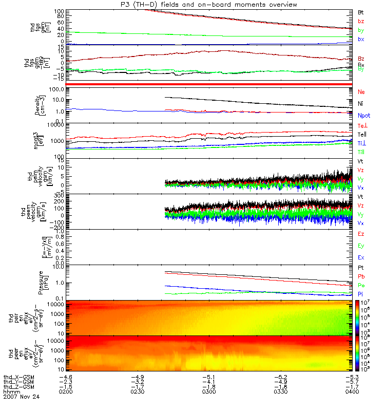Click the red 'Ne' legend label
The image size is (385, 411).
coord(361,91)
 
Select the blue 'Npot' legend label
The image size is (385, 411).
coord(363,117)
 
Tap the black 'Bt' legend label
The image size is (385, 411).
coord(361,11)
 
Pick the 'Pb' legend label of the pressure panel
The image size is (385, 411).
coord(361,276)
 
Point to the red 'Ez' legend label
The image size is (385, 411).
coord(361,234)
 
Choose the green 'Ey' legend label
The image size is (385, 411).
coord(361,246)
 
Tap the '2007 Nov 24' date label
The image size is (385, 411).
coord(21,397)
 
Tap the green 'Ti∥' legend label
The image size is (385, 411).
coord(361,152)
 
